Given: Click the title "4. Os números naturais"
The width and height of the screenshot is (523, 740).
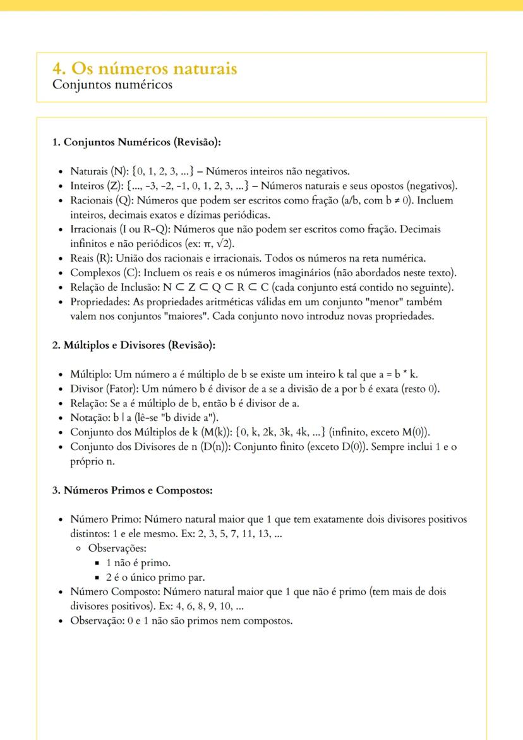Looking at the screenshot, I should [145, 68].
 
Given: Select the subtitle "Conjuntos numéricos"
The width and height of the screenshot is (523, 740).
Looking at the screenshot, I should [112, 85].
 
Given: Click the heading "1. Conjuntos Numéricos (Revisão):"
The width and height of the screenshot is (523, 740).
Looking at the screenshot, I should [136, 142].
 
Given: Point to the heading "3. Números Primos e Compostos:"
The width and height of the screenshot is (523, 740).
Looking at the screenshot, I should [132, 490].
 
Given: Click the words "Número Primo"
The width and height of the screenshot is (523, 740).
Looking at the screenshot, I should [104, 519].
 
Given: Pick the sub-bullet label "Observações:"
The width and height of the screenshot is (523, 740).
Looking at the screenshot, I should [117, 549].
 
